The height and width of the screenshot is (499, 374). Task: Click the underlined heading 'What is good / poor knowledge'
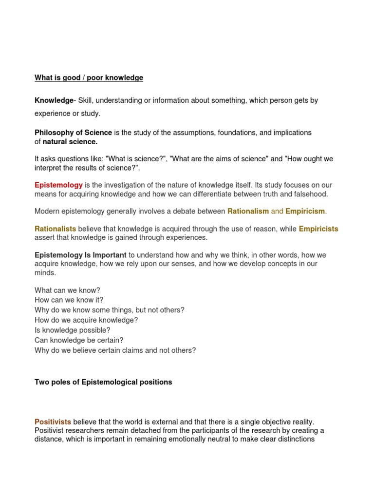pos(89,77)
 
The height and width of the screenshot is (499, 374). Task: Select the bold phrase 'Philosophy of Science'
pos(73,133)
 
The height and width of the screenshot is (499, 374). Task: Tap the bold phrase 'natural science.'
pos(70,142)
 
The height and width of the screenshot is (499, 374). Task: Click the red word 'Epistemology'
pos(58,185)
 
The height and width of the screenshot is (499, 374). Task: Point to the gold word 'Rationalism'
pos(248,211)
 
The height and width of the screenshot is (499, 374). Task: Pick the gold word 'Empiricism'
pos(305,211)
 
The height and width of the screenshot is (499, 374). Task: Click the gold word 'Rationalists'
pos(55,229)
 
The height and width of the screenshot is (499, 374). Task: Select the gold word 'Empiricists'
pos(318,229)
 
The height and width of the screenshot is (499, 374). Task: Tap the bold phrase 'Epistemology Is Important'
pos(80,255)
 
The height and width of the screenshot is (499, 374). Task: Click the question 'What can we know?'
pos(67,290)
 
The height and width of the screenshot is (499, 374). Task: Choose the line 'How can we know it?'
pos(69,300)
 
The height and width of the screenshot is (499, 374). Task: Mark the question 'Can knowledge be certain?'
pos(79,340)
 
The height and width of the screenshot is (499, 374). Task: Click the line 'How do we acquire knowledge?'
pos(86,320)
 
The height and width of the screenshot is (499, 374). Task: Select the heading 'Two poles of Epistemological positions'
pos(103,382)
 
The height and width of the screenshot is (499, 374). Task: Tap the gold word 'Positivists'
pos(53,422)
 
